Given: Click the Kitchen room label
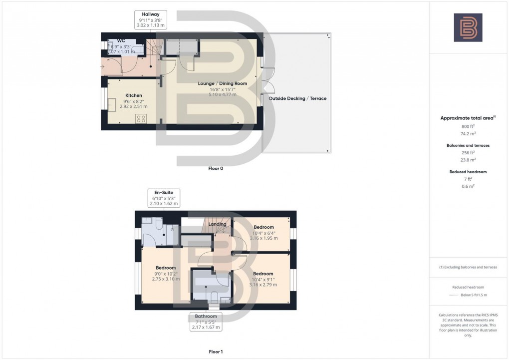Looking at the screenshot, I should click(x=133, y=95).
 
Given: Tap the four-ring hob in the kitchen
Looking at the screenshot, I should click(x=141, y=119).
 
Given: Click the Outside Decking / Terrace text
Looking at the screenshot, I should click(x=297, y=98).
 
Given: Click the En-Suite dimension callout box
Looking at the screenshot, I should click(x=164, y=198).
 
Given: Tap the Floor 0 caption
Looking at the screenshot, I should click(x=216, y=169).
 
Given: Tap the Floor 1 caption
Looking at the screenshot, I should click(x=216, y=352).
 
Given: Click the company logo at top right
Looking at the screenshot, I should click(x=468, y=27).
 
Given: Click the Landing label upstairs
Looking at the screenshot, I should click(x=218, y=224).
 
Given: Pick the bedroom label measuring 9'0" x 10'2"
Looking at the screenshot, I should click(x=165, y=268).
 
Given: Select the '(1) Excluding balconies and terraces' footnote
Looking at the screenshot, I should click(x=468, y=267).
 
